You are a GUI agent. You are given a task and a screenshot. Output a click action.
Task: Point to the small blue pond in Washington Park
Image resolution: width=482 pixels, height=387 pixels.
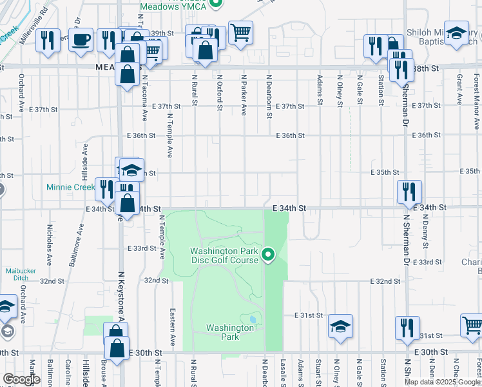click(x=251, y=319)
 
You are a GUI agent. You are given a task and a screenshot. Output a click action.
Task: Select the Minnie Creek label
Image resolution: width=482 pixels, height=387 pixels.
click(x=70, y=188)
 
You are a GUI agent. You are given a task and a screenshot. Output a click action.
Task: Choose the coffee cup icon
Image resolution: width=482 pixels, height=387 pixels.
click(x=81, y=39)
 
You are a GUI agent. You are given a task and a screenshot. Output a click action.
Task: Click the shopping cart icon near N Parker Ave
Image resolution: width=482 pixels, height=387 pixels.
click(x=240, y=32)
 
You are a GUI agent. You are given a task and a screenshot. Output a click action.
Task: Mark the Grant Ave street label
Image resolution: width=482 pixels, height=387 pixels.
click(x=459, y=89)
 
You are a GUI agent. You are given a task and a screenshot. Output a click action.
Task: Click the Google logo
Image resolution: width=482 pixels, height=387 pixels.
click(x=21, y=379)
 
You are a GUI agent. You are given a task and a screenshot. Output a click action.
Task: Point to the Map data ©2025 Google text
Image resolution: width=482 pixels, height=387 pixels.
click(x=441, y=382)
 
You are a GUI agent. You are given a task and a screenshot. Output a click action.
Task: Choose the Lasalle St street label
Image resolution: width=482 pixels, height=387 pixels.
click(x=283, y=373)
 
